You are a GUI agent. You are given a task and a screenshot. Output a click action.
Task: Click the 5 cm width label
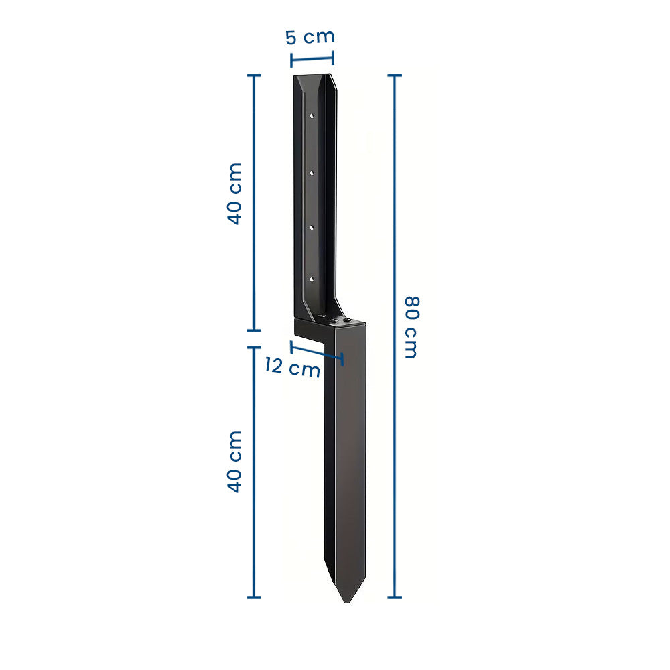click(310, 37)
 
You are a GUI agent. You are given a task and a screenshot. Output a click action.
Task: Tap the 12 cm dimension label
click(293, 367)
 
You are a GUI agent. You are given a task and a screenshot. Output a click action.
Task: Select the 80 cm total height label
click(412, 328)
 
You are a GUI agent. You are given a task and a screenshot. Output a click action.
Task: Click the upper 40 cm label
click(234, 194)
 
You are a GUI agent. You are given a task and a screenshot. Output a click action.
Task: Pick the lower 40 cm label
click(234, 462)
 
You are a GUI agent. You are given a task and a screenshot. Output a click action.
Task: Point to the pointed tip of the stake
click(347, 602)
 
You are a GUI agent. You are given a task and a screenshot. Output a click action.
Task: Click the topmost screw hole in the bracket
click(312, 115)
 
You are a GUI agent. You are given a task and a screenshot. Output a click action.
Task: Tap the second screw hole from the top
click(312, 173)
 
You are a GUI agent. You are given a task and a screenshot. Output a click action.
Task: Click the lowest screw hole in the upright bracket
click(312, 279)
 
